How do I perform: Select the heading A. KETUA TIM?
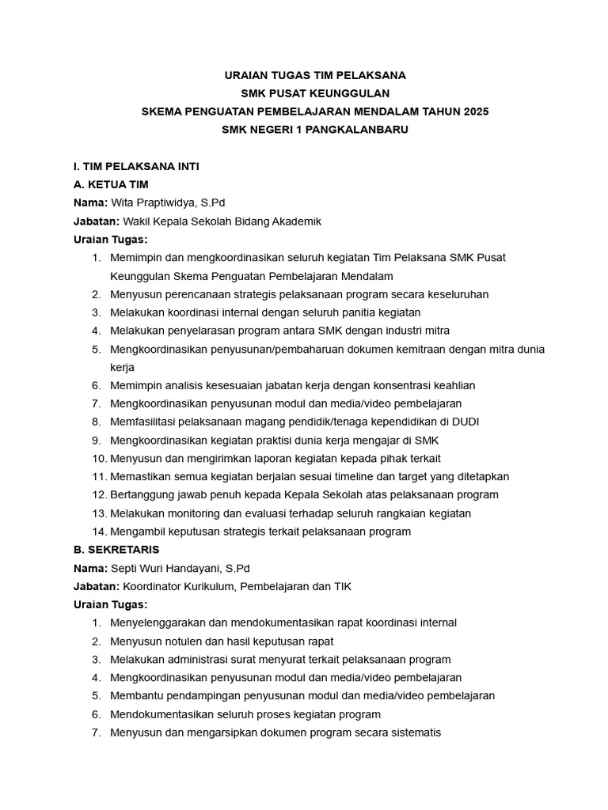pos(111,184)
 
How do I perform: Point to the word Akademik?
pos(296,221)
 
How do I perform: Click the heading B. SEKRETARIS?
pos(116,549)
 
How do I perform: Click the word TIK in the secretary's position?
pos(341,586)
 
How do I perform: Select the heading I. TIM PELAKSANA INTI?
pos(136,166)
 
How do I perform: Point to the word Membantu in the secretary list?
pos(135,695)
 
